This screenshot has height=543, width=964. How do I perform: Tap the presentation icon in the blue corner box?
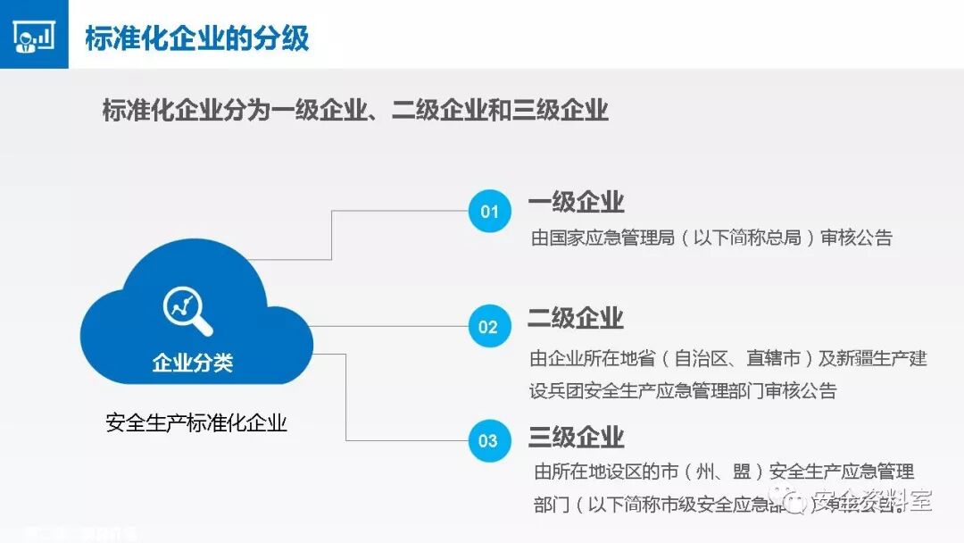tap(34, 35)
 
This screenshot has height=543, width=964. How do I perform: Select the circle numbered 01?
tap(489, 212)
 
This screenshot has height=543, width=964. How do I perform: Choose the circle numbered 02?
tap(488, 327)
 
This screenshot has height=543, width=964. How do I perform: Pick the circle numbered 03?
tap(488, 440)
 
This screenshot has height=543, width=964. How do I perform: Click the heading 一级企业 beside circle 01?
tap(576, 202)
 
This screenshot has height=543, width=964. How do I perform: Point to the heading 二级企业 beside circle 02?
tap(576, 318)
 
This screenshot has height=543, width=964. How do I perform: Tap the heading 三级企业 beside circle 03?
tap(576, 437)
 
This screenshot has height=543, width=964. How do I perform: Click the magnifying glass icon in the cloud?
tap(187, 310)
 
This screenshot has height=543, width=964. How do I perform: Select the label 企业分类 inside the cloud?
tap(193, 363)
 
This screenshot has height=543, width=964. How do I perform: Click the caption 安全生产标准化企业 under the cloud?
tap(196, 422)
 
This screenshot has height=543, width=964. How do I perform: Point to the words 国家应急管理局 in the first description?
tap(612, 238)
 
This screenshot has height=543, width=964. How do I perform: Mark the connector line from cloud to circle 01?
tap(332, 234)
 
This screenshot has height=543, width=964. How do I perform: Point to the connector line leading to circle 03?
tap(346, 397)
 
